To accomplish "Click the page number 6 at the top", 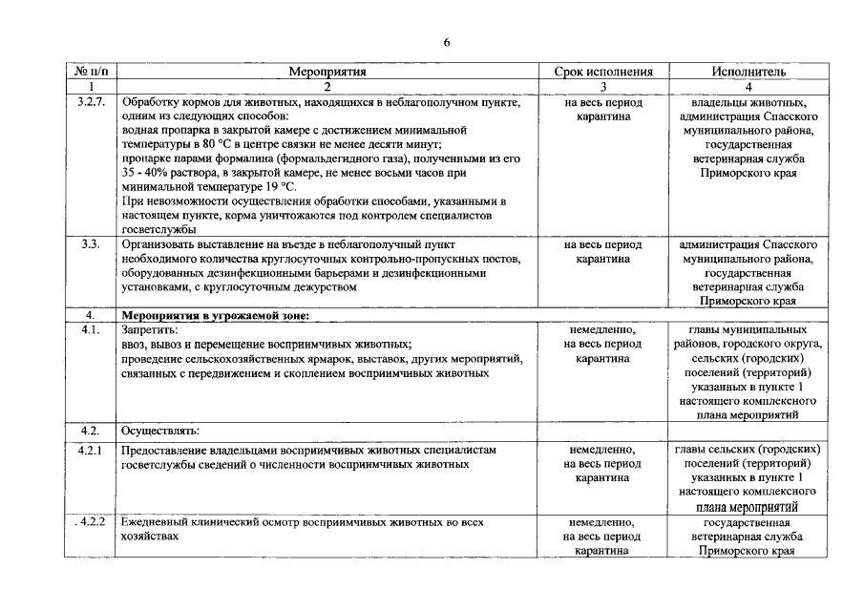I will coord(446,42).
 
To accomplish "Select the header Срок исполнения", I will coord(603,71).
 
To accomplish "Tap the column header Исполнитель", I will coord(748,71).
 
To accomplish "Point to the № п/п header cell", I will coord(92,71).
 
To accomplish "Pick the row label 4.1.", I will coord(91,329).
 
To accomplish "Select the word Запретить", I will coord(151,329).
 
